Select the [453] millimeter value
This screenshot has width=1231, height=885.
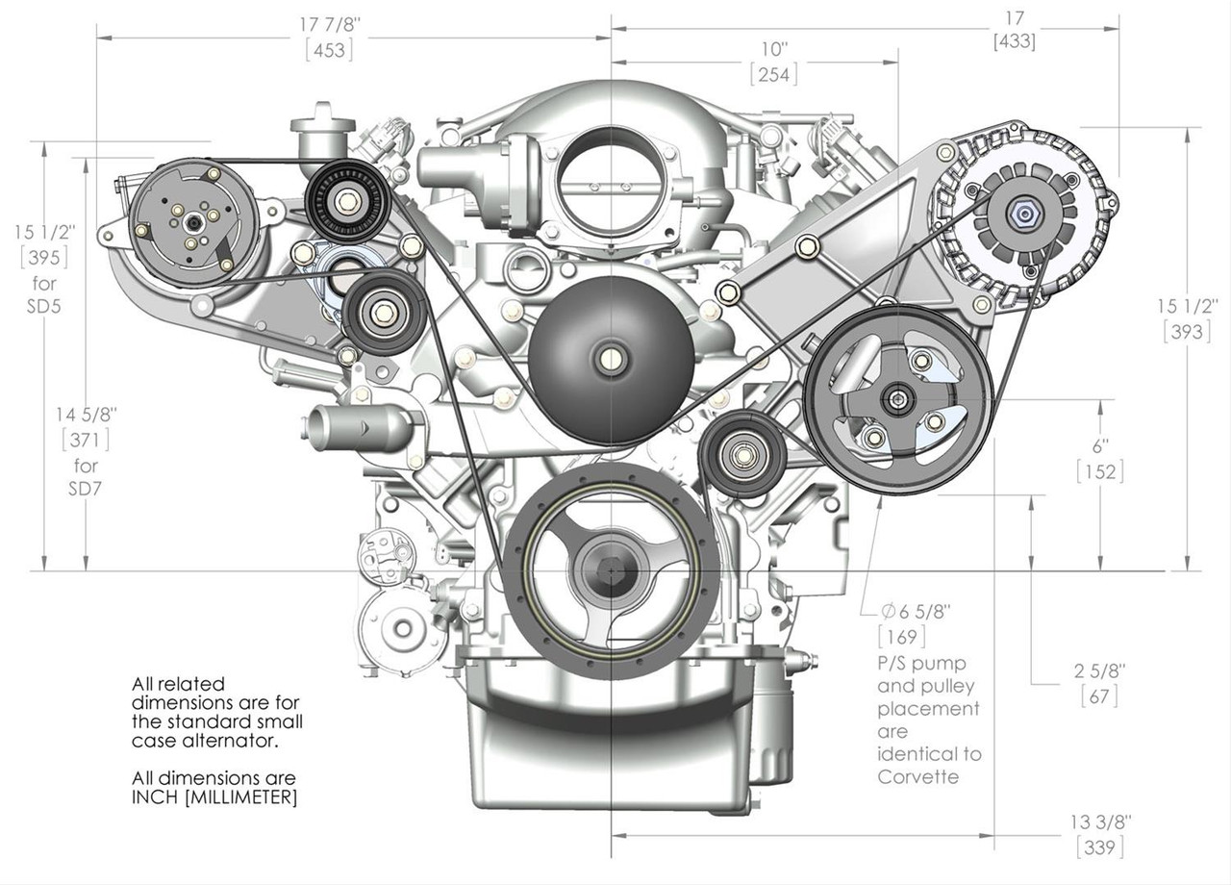329,51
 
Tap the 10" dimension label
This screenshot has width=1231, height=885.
774,49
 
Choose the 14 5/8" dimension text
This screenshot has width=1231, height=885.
86,415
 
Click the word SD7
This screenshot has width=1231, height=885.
86,489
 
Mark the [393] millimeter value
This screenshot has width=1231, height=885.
1187,331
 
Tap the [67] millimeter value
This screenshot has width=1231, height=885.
1099,695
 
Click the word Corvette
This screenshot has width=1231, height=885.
918,776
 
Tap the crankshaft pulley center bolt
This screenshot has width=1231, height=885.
612,568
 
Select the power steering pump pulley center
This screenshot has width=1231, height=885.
897,398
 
